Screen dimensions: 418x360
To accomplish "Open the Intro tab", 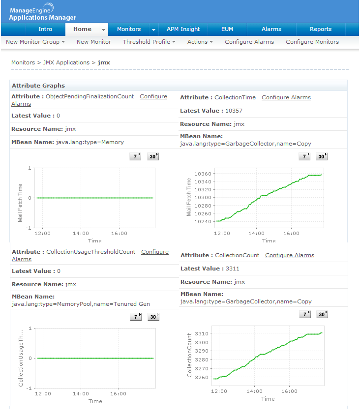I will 45,29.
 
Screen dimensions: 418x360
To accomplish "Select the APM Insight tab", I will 183,29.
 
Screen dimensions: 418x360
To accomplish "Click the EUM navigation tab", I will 227,29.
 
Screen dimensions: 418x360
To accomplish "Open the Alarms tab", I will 271,29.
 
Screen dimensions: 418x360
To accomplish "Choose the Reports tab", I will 321,29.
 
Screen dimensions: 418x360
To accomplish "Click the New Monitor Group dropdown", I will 35,42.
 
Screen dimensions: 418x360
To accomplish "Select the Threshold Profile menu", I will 149,42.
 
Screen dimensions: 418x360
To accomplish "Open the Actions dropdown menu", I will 200,42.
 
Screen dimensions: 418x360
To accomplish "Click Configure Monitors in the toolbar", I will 312,42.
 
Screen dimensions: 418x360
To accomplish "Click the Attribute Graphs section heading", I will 38,86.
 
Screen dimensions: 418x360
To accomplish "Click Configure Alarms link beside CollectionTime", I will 286,97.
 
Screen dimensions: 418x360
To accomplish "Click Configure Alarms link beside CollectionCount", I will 290,255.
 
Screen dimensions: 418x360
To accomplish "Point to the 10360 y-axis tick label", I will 203,174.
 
